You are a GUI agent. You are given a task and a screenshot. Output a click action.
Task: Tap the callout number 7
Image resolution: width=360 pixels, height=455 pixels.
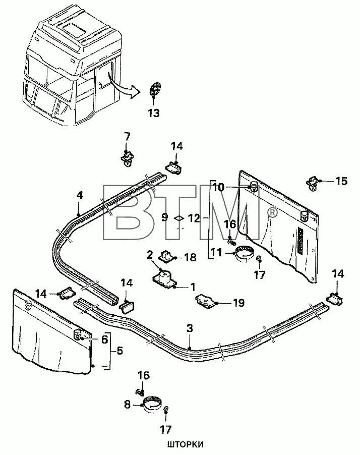tap(127, 136)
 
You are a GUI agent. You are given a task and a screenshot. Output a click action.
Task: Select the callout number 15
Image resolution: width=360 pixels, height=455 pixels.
tap(341, 180)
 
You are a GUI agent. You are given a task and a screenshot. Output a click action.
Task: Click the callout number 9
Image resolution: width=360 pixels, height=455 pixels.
tap(165, 218)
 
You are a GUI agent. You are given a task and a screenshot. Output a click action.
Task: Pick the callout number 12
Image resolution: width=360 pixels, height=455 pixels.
tap(194, 218)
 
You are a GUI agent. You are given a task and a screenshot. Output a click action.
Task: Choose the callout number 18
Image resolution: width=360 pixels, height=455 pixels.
tap(190, 257)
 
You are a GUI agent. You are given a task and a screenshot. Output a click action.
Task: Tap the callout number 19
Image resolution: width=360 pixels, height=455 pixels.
tap(238, 303)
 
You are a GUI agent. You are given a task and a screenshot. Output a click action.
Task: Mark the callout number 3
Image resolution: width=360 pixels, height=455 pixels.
tap(189, 328)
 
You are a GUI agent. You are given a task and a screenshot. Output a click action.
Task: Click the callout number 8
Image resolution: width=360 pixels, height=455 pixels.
tap(128, 404)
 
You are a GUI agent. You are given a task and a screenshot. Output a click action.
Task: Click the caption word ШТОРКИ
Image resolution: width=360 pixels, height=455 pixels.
tap(184, 445)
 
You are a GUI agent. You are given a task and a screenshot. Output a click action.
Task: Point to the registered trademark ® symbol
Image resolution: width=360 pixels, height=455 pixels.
tap(271, 214)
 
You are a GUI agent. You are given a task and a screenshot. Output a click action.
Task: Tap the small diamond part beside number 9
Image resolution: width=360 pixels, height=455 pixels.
tap(177, 218)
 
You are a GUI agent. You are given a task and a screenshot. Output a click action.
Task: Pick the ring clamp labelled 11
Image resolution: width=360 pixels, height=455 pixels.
tap(245, 251)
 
